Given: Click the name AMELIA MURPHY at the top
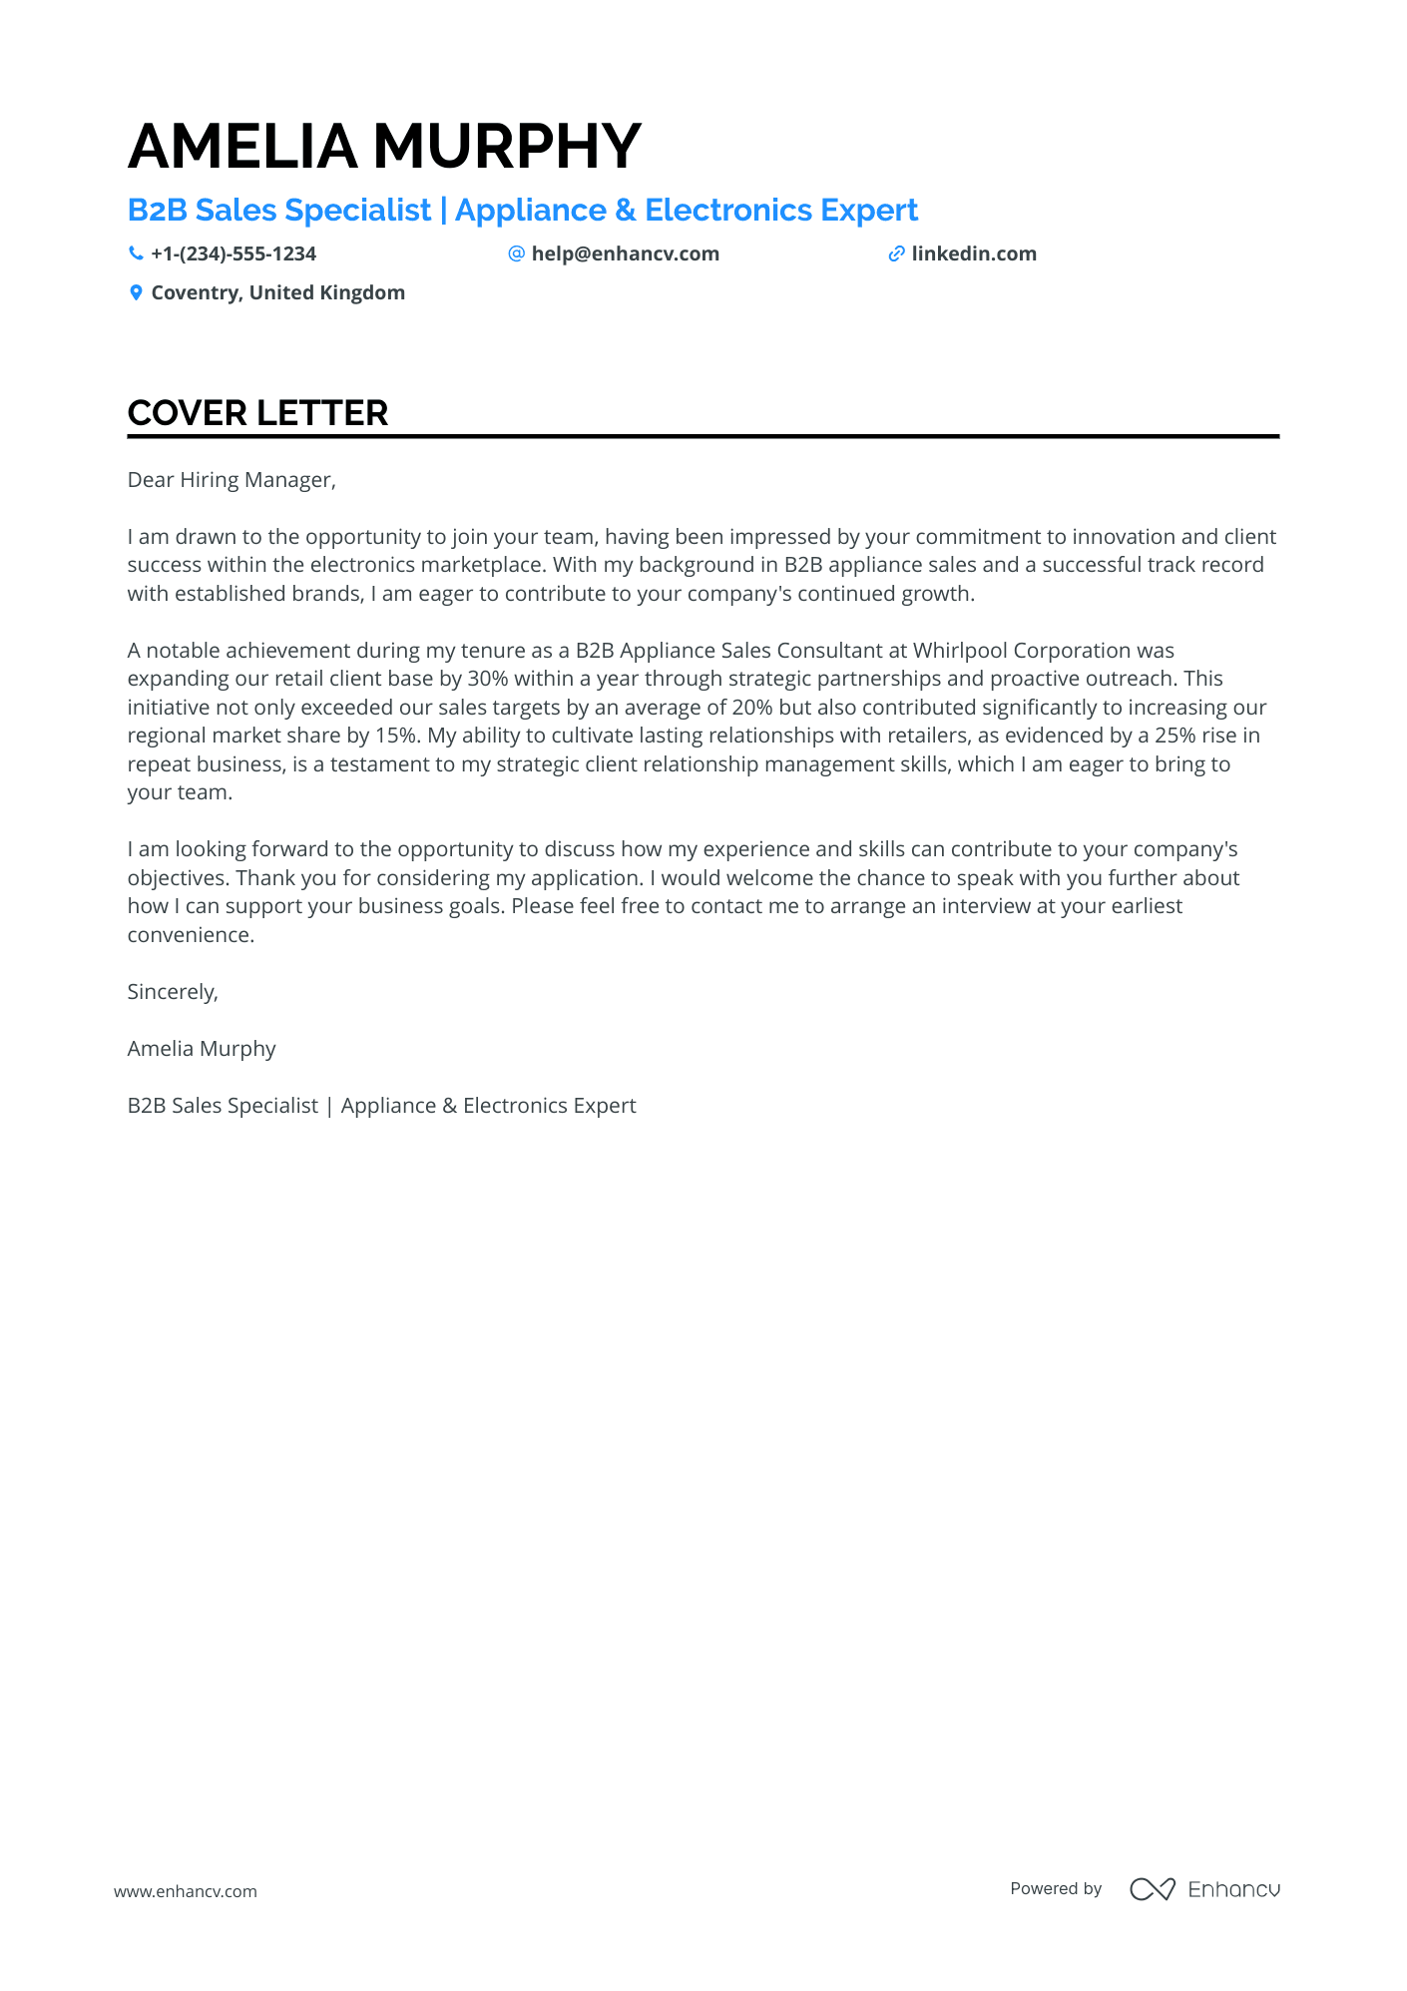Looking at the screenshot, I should coord(384,146).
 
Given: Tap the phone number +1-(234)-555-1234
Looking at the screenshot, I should coord(234,253).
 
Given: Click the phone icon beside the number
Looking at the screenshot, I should coord(136,253).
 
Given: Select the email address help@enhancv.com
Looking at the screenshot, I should coord(625,253).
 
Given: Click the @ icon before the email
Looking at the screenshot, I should coord(516,253).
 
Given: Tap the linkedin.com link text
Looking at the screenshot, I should coord(973,253).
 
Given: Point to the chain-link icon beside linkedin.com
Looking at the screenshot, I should coord(896,254).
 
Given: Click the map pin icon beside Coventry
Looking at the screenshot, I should coord(136,292).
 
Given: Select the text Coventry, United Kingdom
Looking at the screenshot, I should coord(277,292).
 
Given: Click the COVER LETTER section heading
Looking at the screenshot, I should coord(257,413).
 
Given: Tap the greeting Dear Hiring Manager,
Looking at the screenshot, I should coord(232,480).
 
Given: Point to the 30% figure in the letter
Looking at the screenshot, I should coord(488,679).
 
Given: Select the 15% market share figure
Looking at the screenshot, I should coord(395,736).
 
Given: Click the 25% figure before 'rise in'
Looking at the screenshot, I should coord(1174,736).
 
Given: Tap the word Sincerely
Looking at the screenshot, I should coord(172,992).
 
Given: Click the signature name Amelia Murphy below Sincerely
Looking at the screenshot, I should coord(202,1049).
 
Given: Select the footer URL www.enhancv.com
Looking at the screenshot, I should coord(186,1891).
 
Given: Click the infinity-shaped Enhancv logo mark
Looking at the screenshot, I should coord(1152,1889).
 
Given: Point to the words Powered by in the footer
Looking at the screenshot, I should coord(1056,1888).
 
